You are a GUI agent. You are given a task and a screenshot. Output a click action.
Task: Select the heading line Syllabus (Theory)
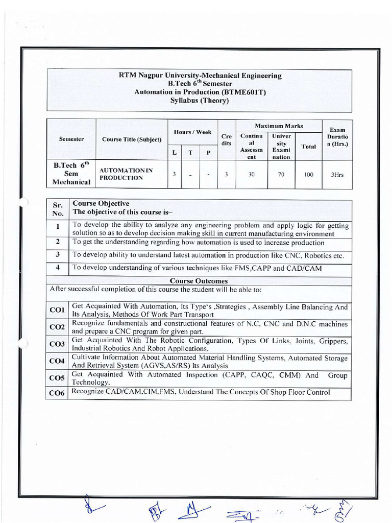(200, 101)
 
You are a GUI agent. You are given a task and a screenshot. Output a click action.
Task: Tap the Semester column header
(71, 139)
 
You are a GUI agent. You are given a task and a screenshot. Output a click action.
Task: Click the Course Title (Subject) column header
(132, 139)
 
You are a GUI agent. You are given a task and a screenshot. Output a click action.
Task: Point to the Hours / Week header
(192, 132)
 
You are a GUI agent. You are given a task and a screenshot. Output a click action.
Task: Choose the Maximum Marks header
(279, 126)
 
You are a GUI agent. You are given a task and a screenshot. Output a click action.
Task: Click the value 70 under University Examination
(281, 175)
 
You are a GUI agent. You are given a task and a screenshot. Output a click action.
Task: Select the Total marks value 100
(308, 175)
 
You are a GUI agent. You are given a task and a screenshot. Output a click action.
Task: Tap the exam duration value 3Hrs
(337, 175)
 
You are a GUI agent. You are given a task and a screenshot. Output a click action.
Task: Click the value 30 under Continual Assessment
(252, 175)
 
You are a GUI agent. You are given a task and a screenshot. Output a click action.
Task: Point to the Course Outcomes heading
(199, 280)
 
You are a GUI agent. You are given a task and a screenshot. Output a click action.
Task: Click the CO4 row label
(57, 361)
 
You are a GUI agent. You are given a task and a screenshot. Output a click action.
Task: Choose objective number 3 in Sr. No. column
(58, 254)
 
